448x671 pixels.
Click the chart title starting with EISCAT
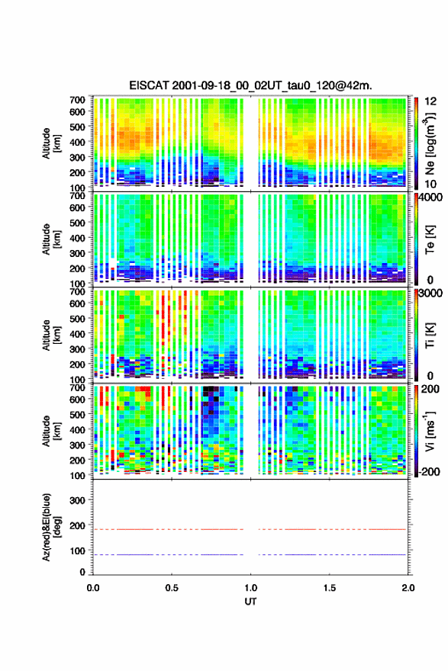pyautogui.click(x=250, y=85)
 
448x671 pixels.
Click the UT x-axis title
pyautogui.click(x=250, y=602)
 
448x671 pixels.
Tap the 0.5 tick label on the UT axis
pyautogui.click(x=172, y=588)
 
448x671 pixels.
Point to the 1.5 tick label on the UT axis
pyautogui.click(x=330, y=588)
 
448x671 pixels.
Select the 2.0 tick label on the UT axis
pyautogui.click(x=408, y=588)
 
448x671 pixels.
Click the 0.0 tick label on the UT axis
pyautogui.click(x=93, y=588)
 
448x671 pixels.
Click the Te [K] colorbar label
pyautogui.click(x=430, y=240)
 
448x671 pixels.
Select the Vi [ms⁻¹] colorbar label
pyautogui.click(x=430, y=431)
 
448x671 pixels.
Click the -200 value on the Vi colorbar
pyautogui.click(x=429, y=471)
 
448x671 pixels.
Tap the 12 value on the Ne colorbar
pyautogui.click(x=431, y=101)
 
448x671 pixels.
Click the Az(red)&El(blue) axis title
pyautogui.click(x=51, y=527)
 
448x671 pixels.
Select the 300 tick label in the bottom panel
pyautogui.click(x=78, y=500)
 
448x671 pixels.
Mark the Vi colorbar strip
pyautogui.click(x=416, y=431)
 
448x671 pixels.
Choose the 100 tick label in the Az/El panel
pyautogui.click(x=78, y=551)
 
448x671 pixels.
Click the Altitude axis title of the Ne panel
pyautogui.click(x=51, y=143)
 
